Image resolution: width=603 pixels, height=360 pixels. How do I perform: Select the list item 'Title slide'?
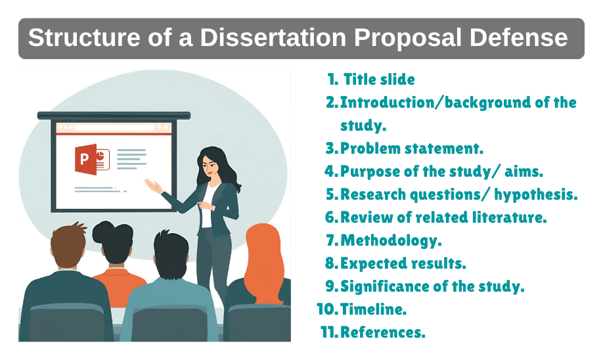point(379,79)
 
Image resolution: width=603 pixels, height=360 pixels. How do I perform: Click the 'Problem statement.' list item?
point(412,148)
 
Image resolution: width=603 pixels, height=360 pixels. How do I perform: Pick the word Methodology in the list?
point(390,240)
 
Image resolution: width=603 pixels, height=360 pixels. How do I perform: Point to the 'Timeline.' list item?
point(373,309)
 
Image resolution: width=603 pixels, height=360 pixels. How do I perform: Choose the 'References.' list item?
point(382,332)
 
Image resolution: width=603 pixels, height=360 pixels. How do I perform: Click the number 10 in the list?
point(326,309)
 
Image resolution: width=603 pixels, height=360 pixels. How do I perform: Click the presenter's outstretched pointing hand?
point(153,187)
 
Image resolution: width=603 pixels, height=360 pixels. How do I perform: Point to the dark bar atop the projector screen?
point(114,116)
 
